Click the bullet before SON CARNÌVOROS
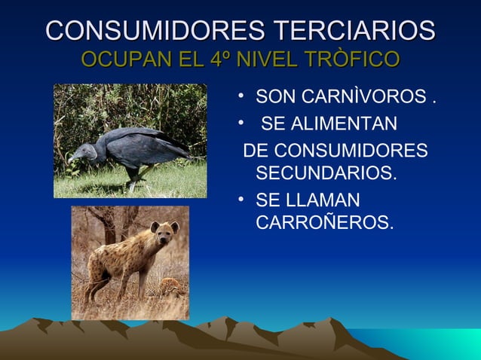tap(237, 98)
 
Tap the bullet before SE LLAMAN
tap(237, 201)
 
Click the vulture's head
tap(78, 156)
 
